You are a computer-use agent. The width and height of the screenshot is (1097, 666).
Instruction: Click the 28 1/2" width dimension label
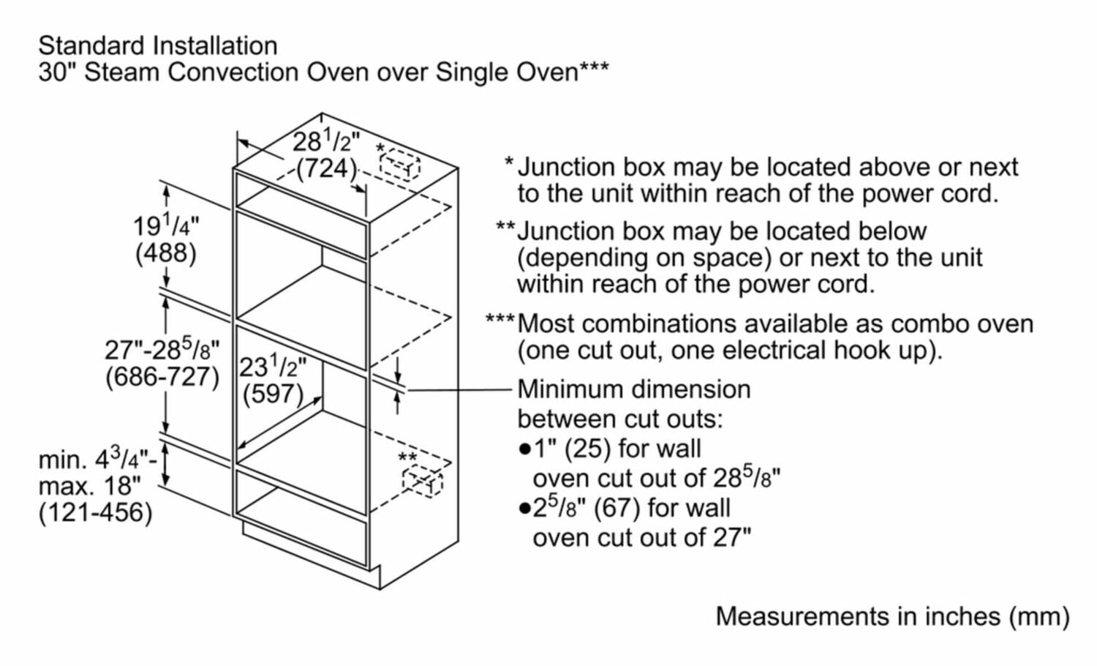[326, 141]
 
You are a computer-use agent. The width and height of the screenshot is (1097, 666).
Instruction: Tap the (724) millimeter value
[325, 168]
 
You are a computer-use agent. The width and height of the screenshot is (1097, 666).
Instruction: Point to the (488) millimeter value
[165, 253]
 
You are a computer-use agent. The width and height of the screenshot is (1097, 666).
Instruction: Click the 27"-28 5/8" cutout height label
[162, 350]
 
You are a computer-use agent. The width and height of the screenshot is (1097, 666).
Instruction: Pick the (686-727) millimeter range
[162, 377]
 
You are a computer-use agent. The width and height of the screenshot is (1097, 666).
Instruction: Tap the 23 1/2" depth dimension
[273, 366]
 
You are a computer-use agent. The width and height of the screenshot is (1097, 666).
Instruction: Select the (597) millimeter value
[272, 394]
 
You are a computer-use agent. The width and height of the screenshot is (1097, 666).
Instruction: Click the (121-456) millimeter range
[95, 512]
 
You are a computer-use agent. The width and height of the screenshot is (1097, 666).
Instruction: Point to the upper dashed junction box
[400, 165]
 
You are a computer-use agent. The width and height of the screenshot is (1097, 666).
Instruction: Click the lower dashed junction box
[422, 483]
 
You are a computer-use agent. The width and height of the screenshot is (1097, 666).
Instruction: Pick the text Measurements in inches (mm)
[892, 616]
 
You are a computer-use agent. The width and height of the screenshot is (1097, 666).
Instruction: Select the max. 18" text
[89, 485]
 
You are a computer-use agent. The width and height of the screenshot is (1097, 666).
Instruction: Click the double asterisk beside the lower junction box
[407, 459]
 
